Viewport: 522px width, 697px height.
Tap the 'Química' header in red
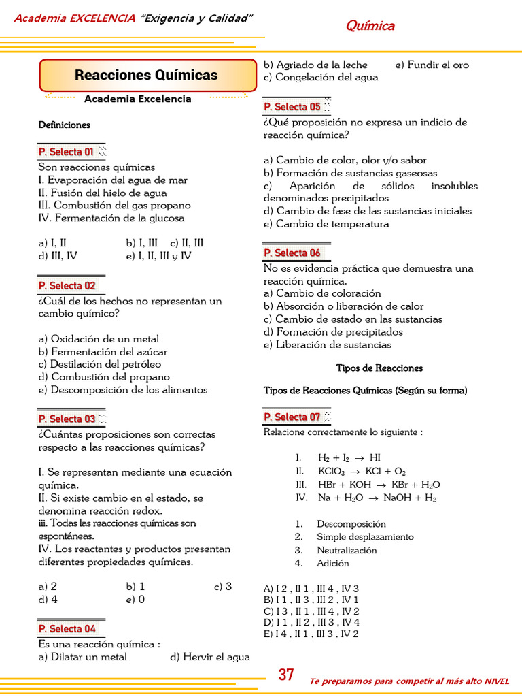coord(370,26)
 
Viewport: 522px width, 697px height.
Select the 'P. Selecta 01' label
coord(67,152)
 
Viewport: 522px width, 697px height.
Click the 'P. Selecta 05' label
coord(292,107)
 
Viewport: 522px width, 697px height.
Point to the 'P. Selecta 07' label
coord(292,417)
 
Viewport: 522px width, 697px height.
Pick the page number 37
coord(286,675)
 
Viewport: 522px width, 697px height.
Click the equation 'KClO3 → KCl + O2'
coord(362,472)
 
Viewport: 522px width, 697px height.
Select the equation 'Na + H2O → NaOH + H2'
coord(377,498)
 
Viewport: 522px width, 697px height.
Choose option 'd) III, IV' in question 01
coord(58,256)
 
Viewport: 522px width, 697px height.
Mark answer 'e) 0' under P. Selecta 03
coord(135,600)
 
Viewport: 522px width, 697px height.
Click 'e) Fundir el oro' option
coord(432,65)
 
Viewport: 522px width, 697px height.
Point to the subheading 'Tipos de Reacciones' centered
coord(379,368)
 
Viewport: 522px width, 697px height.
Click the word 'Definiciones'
coord(64,125)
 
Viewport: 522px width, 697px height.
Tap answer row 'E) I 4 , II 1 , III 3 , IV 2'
coord(311,634)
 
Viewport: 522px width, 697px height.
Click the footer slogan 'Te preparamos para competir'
coord(408,681)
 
